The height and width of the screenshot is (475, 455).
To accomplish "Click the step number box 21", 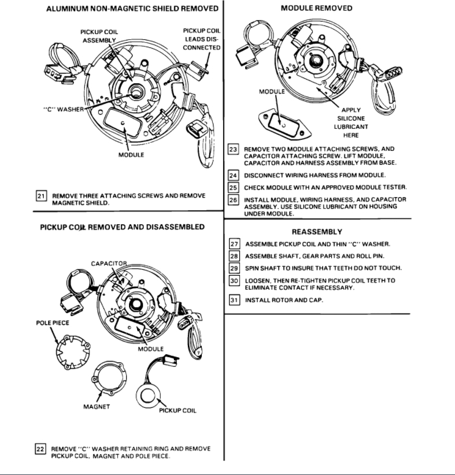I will coord(41,196).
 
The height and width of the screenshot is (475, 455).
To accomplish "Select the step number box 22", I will coord(41,449).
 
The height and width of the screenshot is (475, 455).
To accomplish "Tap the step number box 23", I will coord(234,149).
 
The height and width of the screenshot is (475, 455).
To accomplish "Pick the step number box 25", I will coord(234,187).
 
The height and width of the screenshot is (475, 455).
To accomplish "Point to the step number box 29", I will coord(234,268).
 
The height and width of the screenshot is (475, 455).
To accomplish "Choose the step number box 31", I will coord(234,300).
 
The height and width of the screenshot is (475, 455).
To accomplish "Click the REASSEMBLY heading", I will coord(317,231).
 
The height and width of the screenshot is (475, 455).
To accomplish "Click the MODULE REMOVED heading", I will coord(316,8).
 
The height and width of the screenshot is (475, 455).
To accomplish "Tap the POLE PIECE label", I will coord(53,323).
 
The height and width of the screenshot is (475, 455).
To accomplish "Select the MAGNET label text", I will coord(97,406).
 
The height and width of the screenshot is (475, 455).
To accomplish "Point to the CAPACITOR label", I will coord(108,264).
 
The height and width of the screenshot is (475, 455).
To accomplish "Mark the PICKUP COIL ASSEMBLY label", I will coord(99,36).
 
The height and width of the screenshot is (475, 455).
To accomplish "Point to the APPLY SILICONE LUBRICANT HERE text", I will coord(352,123).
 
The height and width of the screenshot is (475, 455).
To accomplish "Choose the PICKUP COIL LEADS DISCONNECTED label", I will coord(201,39).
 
